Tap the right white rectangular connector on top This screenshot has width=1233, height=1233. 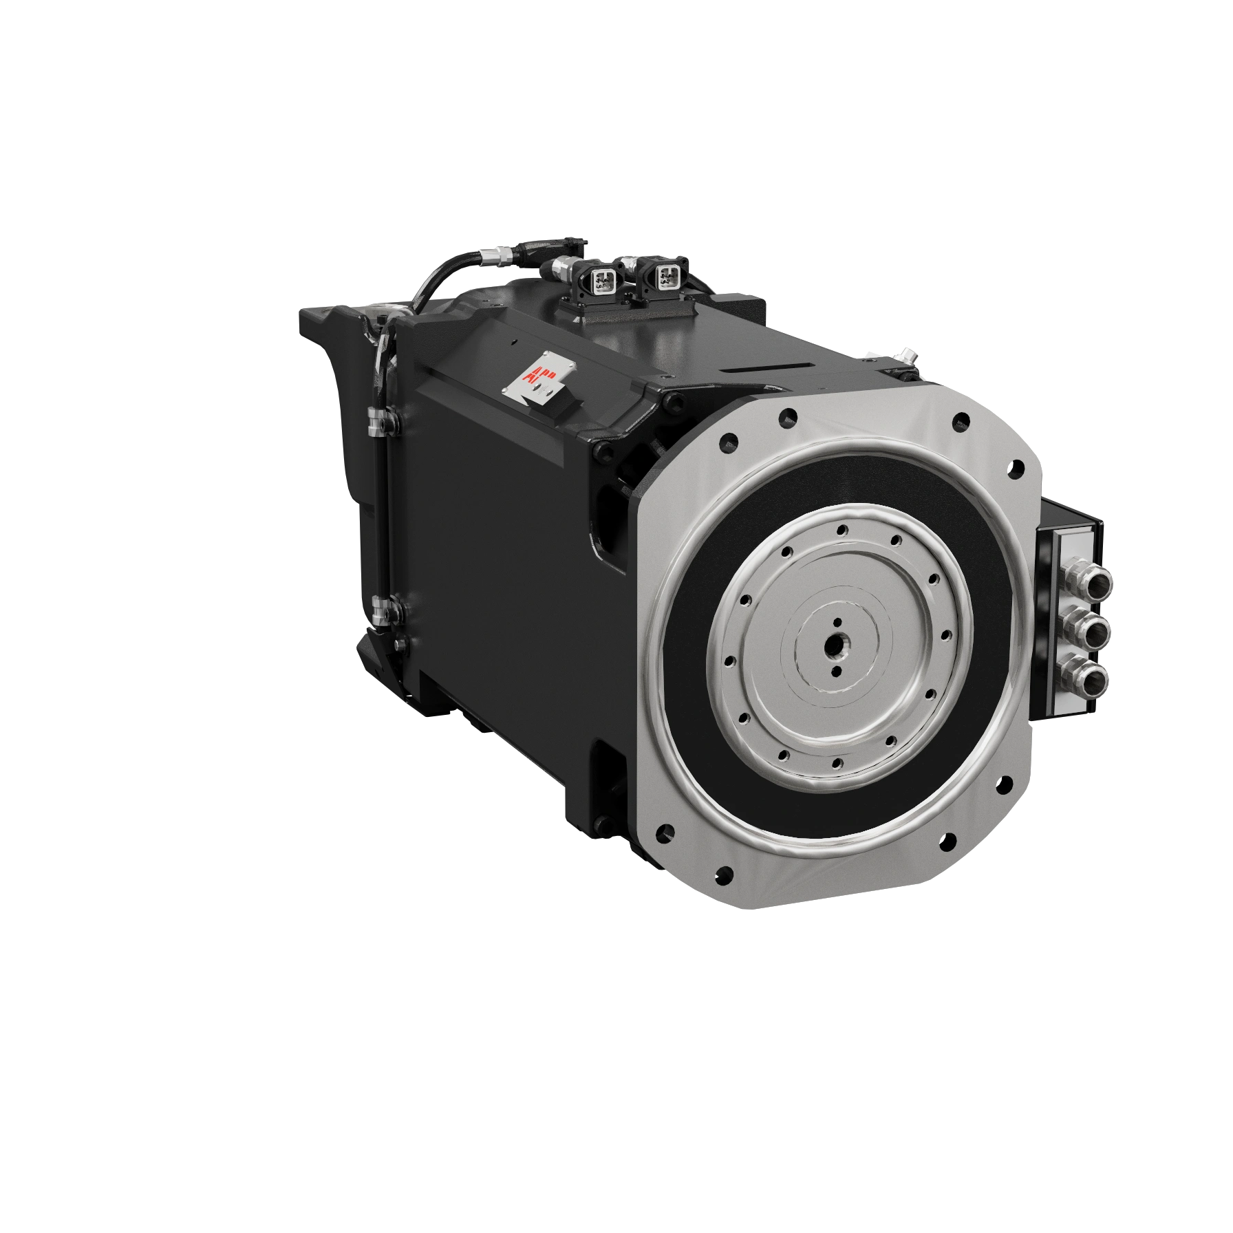(x=665, y=275)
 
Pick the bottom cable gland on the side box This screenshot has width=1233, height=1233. (x=1093, y=679)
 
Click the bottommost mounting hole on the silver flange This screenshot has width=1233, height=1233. (x=722, y=877)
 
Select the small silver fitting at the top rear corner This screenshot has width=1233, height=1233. (x=907, y=358)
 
